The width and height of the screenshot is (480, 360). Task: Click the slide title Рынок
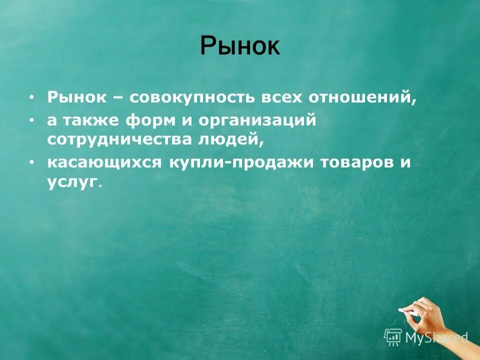[x=240, y=46]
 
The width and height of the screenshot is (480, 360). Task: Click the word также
[x=91, y=121]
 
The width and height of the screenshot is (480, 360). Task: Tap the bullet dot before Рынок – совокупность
[x=32, y=97]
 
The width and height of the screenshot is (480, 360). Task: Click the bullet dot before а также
[x=32, y=121]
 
